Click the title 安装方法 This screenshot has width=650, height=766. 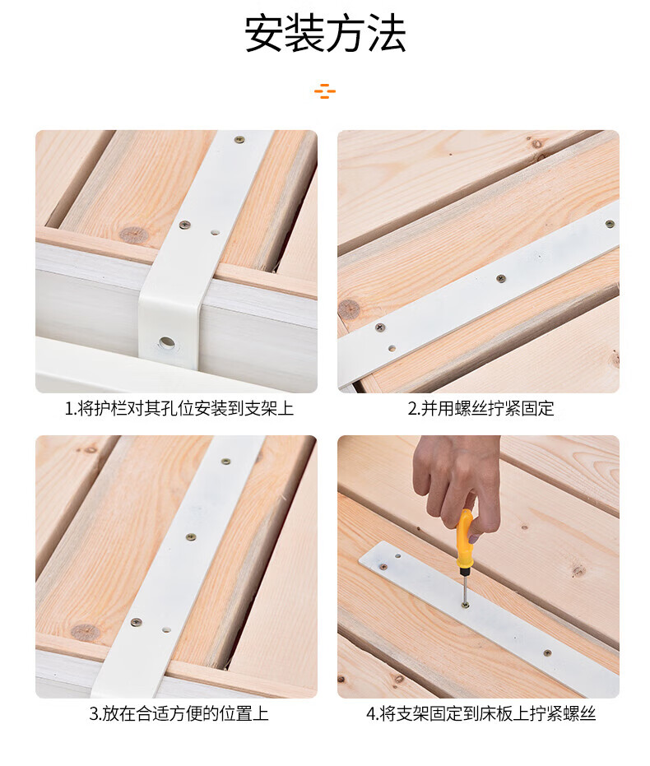325,34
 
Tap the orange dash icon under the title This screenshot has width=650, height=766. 325,91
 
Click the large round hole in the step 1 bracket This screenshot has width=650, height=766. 166,342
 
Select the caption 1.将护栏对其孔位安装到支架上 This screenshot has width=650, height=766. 179,408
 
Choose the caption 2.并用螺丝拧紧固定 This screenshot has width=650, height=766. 481,408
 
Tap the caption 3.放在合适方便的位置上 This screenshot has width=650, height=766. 179,713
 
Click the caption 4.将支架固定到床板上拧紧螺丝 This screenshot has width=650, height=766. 481,713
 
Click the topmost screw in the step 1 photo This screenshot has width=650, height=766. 239,140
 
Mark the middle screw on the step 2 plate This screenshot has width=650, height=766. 500,278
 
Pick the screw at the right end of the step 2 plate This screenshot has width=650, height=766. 610,224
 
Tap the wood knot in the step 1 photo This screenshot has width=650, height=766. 134,235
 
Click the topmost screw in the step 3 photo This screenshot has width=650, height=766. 225,462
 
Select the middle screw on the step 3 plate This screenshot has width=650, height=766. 190,537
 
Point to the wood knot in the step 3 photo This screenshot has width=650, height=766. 86,632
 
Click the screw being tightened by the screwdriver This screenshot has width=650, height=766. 465,606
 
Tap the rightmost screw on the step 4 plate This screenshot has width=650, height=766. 547,652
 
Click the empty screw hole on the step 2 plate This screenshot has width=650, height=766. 392,348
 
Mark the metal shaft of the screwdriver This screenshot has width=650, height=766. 463,586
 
